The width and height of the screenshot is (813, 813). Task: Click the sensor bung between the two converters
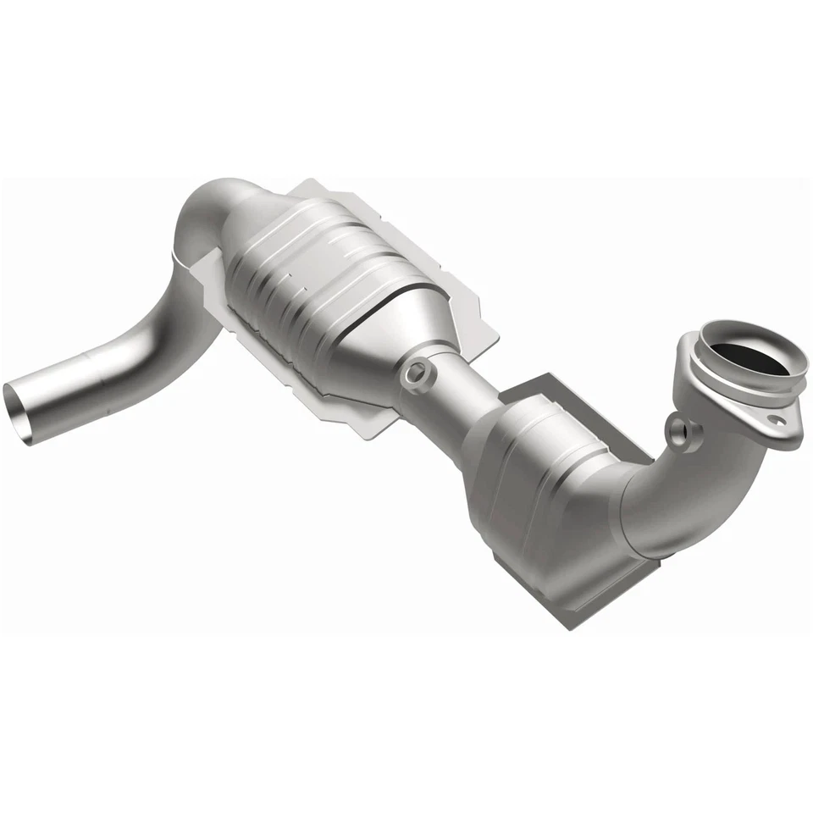(417, 373)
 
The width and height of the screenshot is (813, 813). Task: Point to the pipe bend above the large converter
(212, 212)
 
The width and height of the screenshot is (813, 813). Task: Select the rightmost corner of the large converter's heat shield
(498, 339)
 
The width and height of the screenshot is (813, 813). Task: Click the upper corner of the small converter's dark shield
(550, 374)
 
